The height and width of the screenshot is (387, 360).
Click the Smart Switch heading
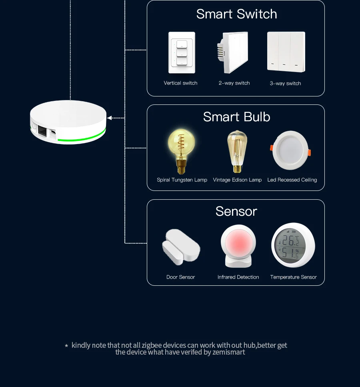pyautogui.click(x=236, y=14)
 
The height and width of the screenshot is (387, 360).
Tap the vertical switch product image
pyautogui.click(x=182, y=53)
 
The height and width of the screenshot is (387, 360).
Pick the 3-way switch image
pyautogui.click(x=286, y=52)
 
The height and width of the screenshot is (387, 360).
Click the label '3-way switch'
pyautogui.click(x=285, y=83)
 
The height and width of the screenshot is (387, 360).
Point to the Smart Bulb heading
pyautogui.click(x=236, y=117)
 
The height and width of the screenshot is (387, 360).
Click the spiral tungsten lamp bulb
pyautogui.click(x=182, y=150)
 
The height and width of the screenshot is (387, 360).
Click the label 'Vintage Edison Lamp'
pyautogui.click(x=237, y=180)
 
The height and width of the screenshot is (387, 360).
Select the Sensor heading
pyautogui.click(x=236, y=211)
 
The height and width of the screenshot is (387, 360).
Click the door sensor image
pyautogui.click(x=181, y=247)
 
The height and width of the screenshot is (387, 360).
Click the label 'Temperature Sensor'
pyautogui.click(x=293, y=277)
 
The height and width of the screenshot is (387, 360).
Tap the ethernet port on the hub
pyautogui.click(x=42, y=129)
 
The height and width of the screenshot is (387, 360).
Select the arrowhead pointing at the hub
pyautogui.click(x=110, y=118)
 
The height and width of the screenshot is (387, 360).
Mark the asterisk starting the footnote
pyautogui.click(x=66, y=345)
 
